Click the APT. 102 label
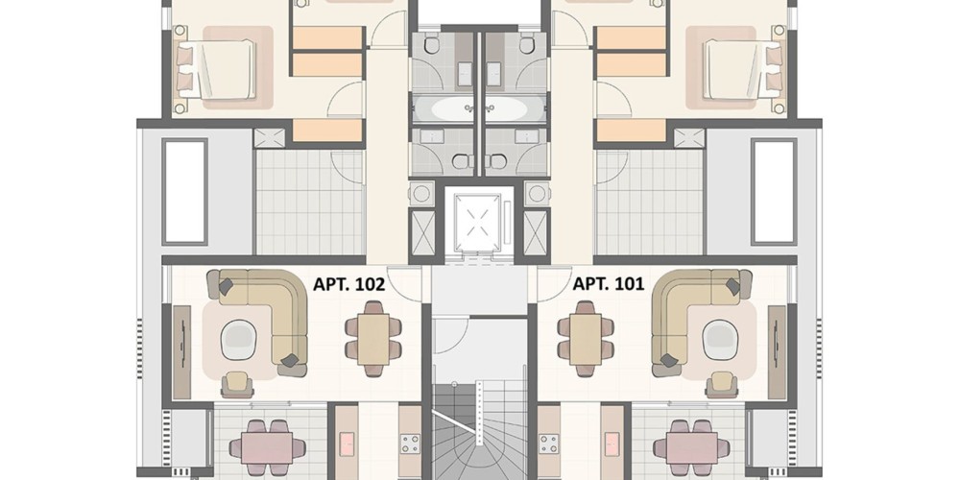coord(349,284)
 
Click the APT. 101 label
coord(608,284)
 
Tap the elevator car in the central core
coord(478,222)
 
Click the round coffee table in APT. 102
coord(238,340)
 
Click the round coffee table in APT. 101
coord(721,340)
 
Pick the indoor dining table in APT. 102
coord(373,339)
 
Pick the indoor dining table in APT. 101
coord(586,339)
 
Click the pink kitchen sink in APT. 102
coord(347,444)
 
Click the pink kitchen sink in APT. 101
coord(612,444)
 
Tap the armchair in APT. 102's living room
coord(237,385)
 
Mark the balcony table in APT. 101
coord(693,448)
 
